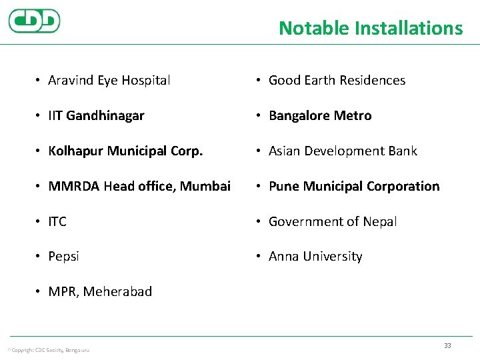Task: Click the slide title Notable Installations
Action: point(370,28)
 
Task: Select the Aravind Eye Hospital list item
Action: point(109,81)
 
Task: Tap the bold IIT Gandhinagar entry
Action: point(96,116)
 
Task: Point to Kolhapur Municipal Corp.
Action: point(125,151)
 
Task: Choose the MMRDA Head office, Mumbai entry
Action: point(139,186)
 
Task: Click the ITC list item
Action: point(57,221)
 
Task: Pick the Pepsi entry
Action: point(63,257)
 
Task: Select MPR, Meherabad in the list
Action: point(100,292)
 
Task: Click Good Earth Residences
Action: point(337,81)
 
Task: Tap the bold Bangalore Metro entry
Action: point(320,116)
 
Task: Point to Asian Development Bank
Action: point(343,151)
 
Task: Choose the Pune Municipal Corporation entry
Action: point(354,186)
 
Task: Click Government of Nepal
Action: point(333,221)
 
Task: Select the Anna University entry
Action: point(315,257)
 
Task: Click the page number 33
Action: point(447,345)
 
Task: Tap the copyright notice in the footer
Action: point(48,350)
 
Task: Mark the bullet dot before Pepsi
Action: point(39,257)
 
